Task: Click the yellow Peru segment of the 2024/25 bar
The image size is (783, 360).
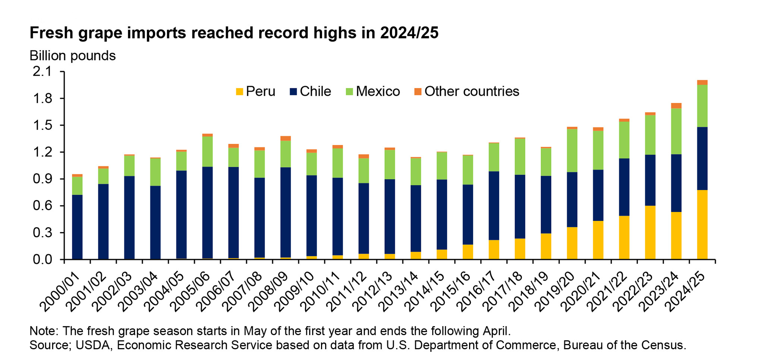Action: click(702, 224)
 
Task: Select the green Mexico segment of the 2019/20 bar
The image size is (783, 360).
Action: click(572, 150)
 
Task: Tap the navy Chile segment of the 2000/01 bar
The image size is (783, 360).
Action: click(77, 227)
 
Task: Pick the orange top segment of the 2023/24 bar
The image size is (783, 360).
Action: click(676, 105)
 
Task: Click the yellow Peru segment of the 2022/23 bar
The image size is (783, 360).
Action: click(650, 232)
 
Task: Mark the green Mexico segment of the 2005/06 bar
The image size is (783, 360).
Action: click(207, 151)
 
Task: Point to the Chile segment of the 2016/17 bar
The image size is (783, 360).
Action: click(494, 205)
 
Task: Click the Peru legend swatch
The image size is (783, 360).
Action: click(239, 91)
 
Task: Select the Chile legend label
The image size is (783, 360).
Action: click(315, 91)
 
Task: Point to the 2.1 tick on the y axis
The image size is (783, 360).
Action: click(43, 72)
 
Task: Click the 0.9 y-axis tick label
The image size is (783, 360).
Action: click(43, 179)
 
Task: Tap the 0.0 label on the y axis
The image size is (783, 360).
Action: click(43, 259)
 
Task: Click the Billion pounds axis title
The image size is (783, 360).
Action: click(73, 56)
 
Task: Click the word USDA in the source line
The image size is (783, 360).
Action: click(93, 345)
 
